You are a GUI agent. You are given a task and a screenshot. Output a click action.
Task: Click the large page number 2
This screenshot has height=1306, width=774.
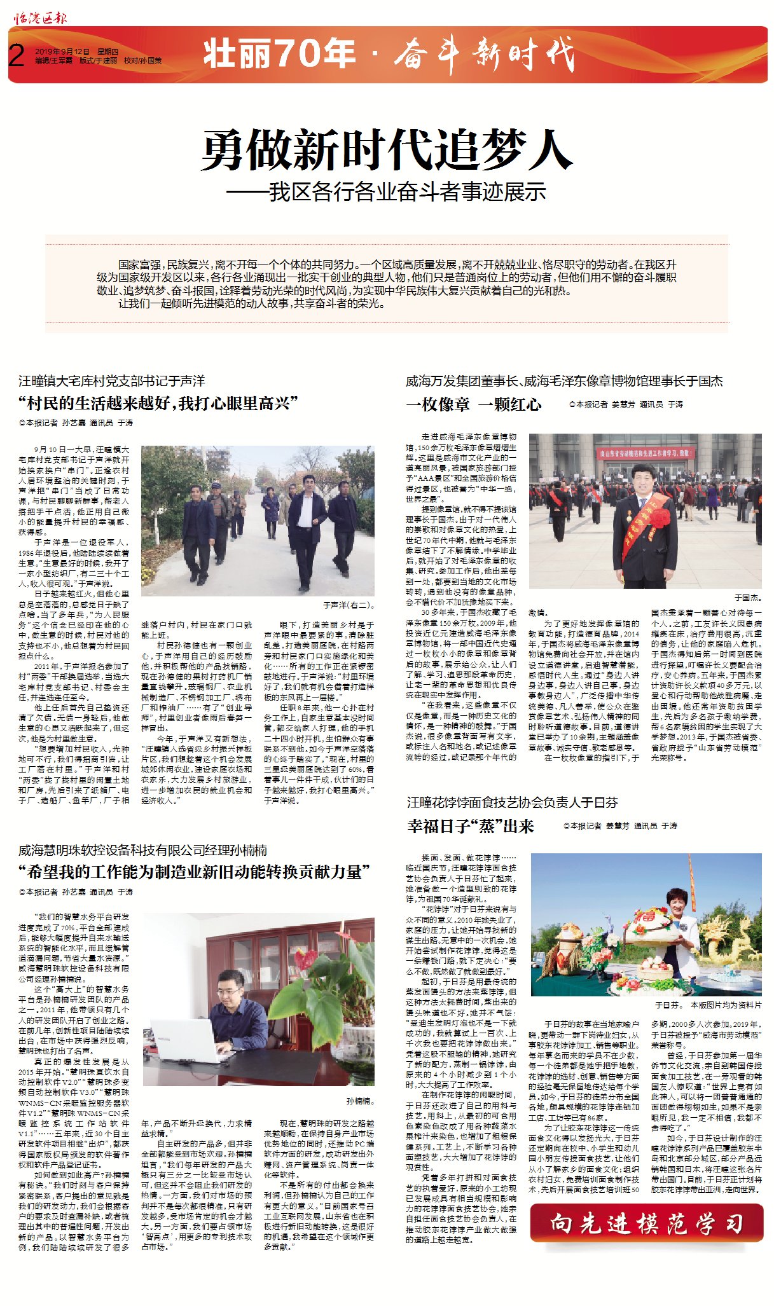(17, 56)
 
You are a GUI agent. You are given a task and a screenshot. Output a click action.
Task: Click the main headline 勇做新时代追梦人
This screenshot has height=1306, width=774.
(387, 150)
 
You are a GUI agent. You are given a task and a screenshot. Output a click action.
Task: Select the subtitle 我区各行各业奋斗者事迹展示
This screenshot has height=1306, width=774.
(407, 191)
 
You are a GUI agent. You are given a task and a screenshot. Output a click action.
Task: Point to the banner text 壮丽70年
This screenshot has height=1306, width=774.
(279, 53)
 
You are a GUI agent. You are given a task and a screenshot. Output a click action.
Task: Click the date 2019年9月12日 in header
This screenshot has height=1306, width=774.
(62, 52)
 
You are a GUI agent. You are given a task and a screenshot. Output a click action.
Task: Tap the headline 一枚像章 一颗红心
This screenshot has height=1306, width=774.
(473, 404)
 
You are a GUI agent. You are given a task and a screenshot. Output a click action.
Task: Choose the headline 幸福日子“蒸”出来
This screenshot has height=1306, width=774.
(471, 826)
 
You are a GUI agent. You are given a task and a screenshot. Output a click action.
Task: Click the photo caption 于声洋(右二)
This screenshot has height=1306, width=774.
(349, 605)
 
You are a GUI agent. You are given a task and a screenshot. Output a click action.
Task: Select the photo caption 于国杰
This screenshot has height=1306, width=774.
(748, 598)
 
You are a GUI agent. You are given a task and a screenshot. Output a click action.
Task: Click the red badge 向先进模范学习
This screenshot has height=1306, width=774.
(646, 1223)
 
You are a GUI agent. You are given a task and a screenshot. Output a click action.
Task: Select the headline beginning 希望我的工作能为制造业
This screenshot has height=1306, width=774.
(194, 871)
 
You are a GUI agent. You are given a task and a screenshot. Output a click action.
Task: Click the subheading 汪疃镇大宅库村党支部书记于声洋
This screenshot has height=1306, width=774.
(112, 381)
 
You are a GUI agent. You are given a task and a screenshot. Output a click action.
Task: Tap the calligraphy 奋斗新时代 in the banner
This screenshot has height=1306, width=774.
(483, 55)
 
